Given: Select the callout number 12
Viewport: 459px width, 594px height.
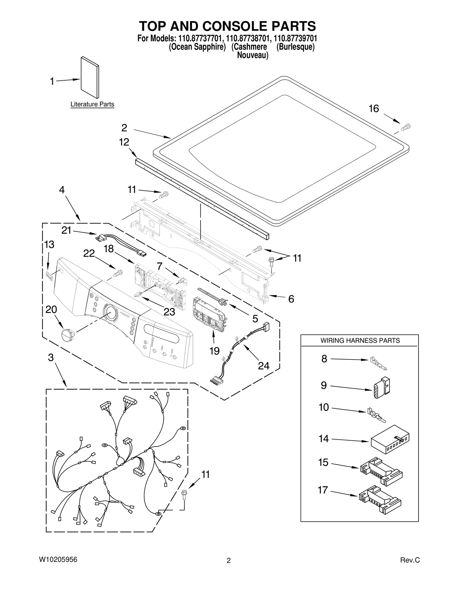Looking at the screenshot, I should click(124, 142).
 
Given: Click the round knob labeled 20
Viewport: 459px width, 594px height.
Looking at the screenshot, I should click(68, 334).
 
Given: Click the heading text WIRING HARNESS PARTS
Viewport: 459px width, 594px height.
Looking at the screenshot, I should click(360, 340).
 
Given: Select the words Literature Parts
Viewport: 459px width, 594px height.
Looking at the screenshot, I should click(92, 104).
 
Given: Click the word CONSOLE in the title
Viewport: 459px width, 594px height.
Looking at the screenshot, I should click(234, 26).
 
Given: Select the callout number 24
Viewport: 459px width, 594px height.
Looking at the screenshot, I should click(263, 365).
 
